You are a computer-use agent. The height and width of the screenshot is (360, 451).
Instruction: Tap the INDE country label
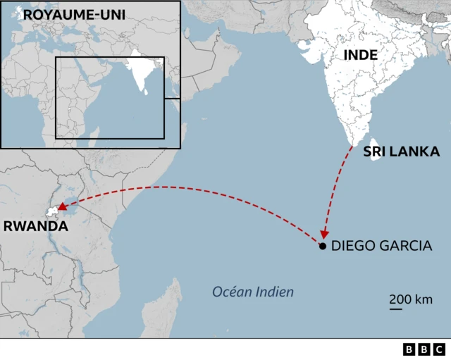click(360, 55)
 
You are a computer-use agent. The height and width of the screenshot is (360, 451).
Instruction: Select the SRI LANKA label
click(401, 151)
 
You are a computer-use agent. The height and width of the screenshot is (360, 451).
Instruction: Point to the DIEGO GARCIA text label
click(381, 246)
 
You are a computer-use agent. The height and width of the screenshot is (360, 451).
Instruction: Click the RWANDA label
click(36, 226)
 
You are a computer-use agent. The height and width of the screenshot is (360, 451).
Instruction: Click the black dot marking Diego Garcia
click(322, 246)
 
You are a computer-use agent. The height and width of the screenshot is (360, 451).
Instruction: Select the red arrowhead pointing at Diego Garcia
click(323, 235)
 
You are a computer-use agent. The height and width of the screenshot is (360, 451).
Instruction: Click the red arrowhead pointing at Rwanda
click(62, 207)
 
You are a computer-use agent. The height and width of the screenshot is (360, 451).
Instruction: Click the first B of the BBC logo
click(409, 349)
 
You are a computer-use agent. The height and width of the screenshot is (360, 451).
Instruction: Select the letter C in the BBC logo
click(439, 349)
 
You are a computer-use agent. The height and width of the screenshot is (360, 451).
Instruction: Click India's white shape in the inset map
click(142, 70)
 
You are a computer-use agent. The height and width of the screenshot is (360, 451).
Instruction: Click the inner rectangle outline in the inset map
click(163, 99)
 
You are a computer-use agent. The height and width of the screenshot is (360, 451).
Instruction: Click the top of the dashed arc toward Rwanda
click(169, 187)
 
